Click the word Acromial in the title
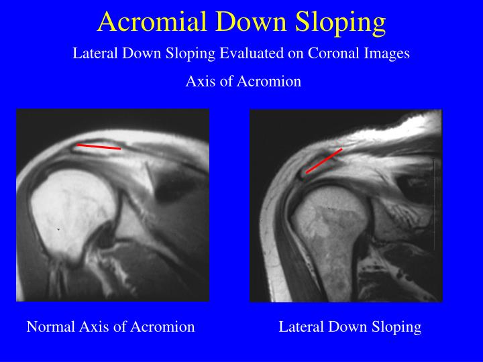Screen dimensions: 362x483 150,21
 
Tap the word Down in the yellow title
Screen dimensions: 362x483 250,21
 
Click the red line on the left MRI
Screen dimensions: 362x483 99,146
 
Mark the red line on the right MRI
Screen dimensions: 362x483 324,161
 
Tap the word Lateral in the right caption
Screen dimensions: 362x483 299,327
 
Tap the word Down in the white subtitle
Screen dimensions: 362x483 142,54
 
